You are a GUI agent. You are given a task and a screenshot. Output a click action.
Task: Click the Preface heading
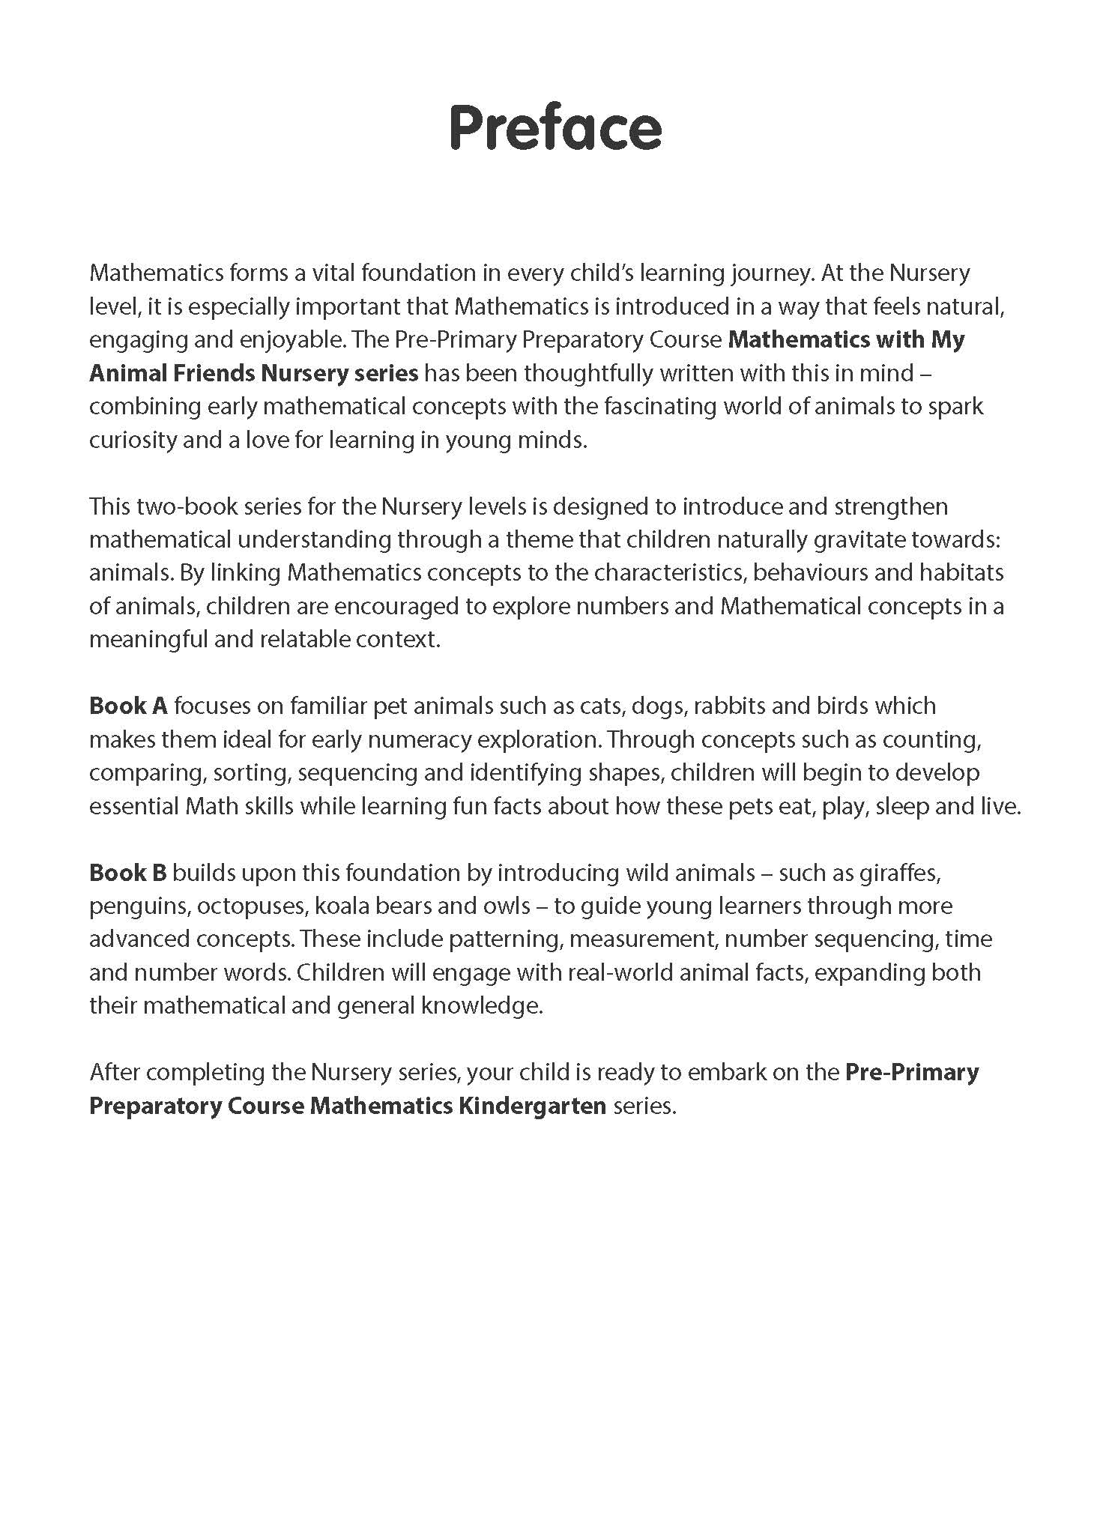tap(555, 128)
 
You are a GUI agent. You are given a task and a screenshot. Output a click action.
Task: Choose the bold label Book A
tap(128, 706)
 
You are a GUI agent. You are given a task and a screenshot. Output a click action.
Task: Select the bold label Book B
tap(128, 873)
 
